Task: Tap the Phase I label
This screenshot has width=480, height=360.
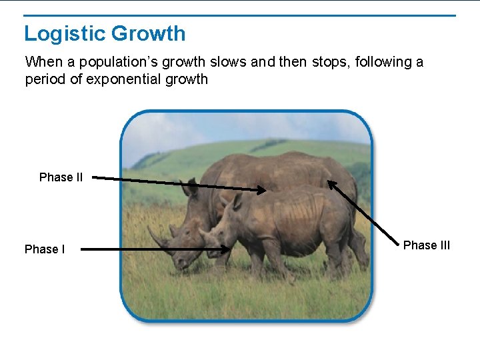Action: (x=45, y=249)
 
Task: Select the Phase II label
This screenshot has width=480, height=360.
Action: (x=61, y=177)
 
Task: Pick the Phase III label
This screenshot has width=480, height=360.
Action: (x=427, y=245)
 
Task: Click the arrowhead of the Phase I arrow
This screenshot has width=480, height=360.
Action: (x=227, y=251)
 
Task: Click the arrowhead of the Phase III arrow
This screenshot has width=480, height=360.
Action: (x=330, y=183)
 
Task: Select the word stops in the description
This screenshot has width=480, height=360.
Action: (x=331, y=62)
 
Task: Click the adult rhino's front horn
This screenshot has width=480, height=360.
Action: (x=158, y=238)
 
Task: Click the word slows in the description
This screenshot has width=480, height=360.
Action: (x=229, y=62)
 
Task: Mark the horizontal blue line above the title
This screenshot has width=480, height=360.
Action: (x=240, y=15)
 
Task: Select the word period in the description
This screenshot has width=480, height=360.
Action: (x=43, y=80)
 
